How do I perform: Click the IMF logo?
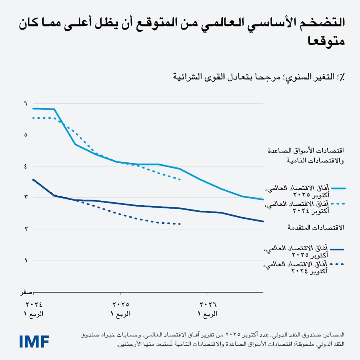[34, 341]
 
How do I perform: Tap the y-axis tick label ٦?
[26, 104]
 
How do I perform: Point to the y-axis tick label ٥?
[26, 135]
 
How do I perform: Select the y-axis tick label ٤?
[26, 166]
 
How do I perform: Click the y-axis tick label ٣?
[26, 197]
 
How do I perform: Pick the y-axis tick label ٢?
[26, 229]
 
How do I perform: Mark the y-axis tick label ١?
[26, 260]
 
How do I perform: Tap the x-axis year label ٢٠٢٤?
[34, 305]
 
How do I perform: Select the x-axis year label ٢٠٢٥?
[120, 305]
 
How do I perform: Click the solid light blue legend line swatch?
[338, 188]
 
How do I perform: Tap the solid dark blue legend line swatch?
[337, 249]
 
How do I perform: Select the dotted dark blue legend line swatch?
[337, 264]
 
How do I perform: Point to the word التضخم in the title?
[324, 23]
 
